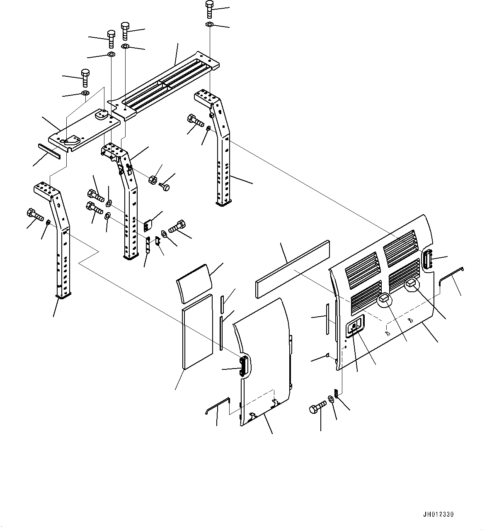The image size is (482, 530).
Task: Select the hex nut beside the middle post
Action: (152, 180)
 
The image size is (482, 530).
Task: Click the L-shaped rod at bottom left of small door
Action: (218, 405)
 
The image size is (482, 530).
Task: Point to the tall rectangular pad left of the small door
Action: (197, 331)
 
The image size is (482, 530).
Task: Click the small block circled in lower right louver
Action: (411, 283)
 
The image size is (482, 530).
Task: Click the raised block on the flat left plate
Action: (100, 115)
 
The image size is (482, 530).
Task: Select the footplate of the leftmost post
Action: (63, 296)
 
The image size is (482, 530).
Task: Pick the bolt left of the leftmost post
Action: (35, 215)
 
